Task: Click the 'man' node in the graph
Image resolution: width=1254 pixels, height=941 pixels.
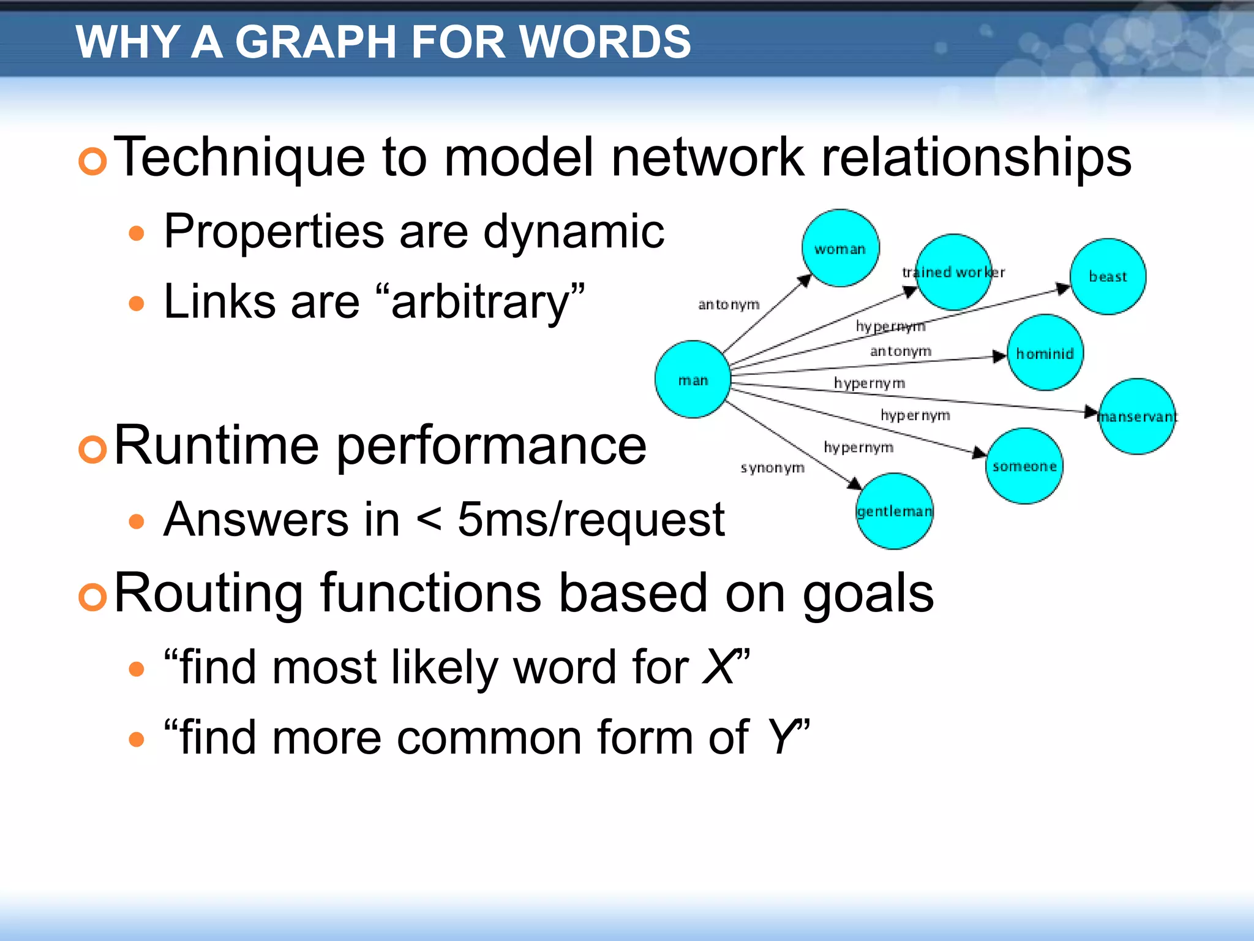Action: coord(693,380)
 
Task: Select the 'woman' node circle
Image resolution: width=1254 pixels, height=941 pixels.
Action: coord(840,248)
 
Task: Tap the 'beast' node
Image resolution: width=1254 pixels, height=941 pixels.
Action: coord(1108,276)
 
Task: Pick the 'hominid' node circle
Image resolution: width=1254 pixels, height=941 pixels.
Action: coord(1045,353)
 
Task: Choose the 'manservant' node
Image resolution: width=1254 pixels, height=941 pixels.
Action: coord(1137,417)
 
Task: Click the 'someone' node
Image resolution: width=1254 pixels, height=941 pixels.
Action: coord(1024,466)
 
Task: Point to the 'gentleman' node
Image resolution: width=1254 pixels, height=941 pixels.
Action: coord(894,511)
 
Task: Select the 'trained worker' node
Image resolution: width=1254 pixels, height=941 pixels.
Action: coord(953,272)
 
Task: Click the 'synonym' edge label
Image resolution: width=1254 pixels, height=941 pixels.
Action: coord(772,468)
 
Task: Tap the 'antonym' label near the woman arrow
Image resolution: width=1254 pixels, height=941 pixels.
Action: coord(729,304)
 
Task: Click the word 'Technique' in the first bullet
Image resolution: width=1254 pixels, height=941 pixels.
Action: coord(239,157)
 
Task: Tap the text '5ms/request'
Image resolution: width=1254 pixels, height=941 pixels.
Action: coord(591,520)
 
